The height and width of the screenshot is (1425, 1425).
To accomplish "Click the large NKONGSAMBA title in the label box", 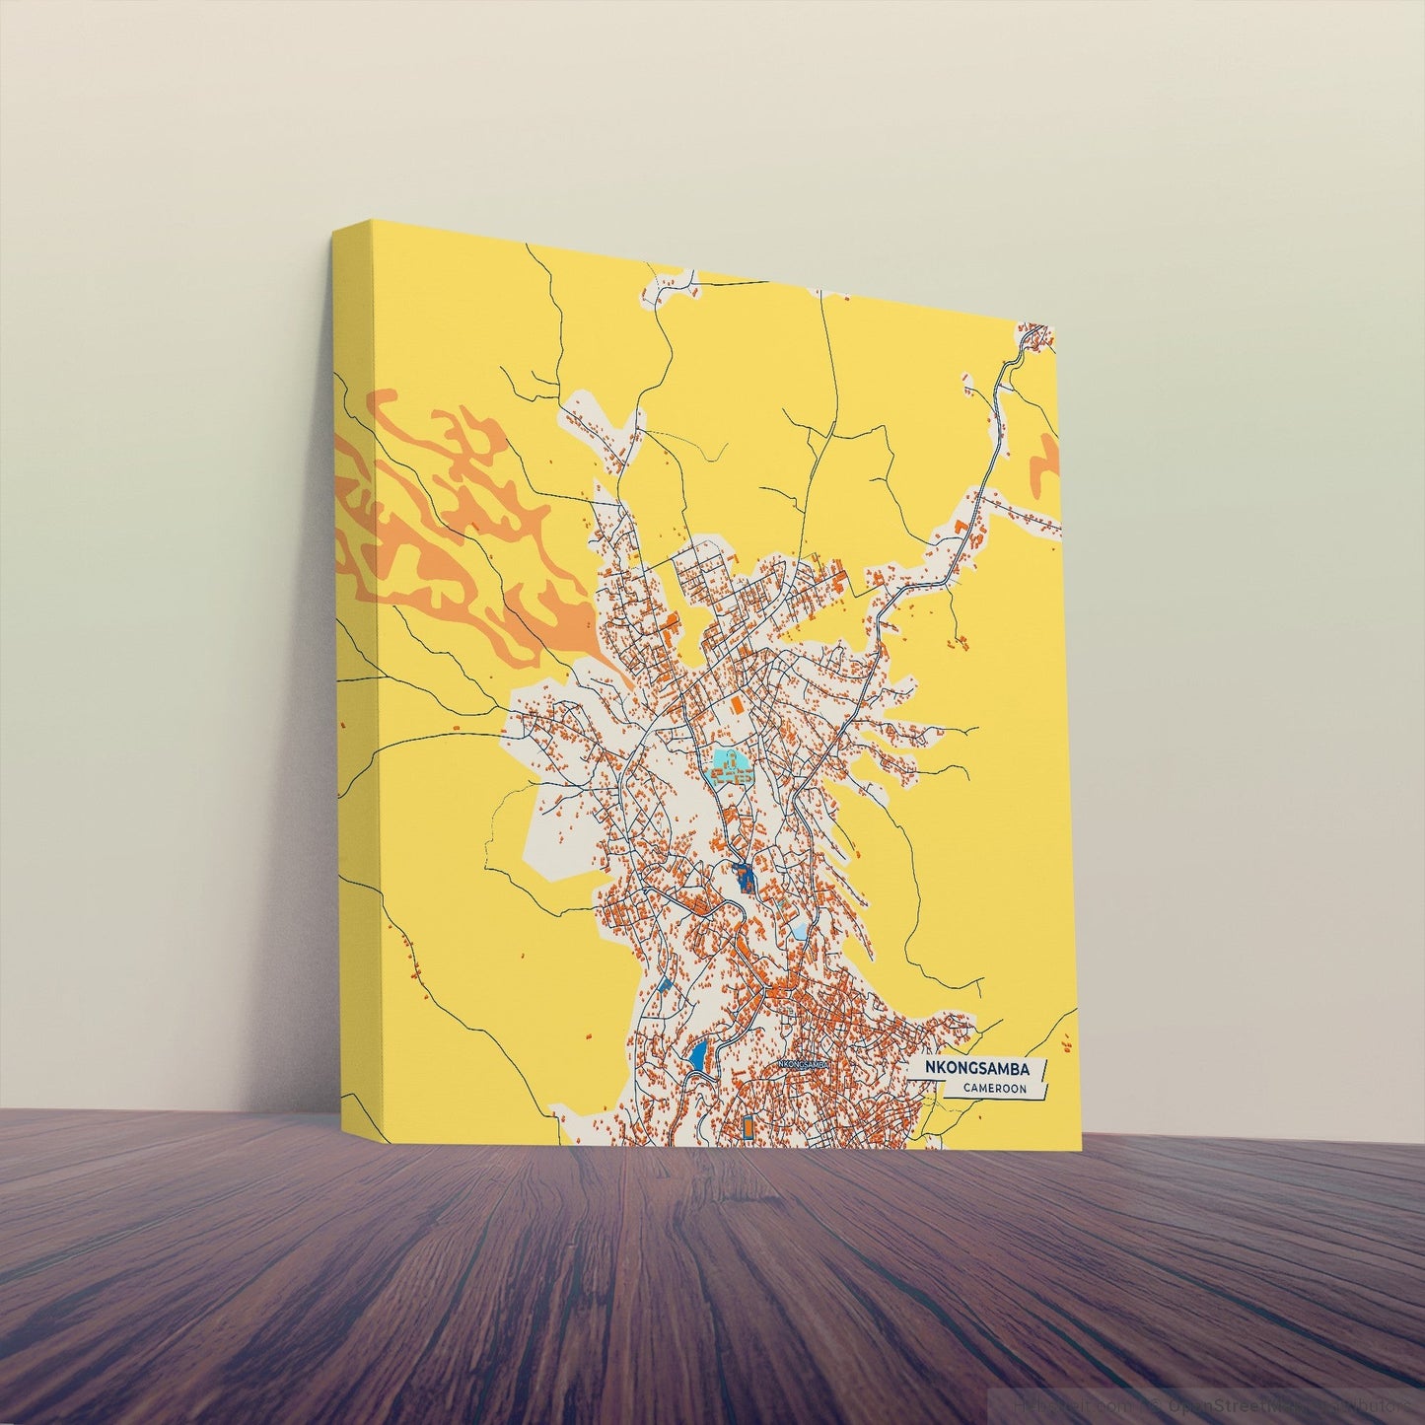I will (976, 1069).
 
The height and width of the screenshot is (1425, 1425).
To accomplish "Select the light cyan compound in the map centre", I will (730, 764).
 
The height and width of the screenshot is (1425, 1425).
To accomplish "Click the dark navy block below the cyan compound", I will (743, 875).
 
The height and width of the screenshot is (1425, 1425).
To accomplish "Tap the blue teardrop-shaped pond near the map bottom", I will (698, 1057).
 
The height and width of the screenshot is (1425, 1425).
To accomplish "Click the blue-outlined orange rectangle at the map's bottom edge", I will (748, 1127).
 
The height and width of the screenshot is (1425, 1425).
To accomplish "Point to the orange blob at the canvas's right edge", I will (1044, 463).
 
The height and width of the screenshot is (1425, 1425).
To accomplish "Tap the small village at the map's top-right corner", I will (1035, 337).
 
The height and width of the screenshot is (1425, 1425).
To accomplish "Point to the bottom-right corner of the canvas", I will (1082, 1151).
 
